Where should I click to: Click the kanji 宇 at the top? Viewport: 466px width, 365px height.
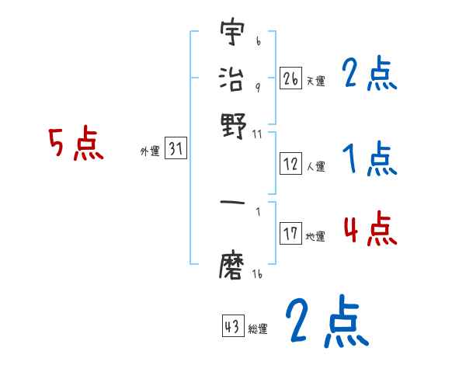point(232,34)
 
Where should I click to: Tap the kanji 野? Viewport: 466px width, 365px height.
point(232,123)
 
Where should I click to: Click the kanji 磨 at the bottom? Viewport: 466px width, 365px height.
point(232,266)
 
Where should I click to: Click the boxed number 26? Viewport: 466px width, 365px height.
point(290,78)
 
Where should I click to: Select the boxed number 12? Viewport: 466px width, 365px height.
point(291,164)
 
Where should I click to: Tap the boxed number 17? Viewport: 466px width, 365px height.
point(291,234)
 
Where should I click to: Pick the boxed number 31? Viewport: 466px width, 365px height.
point(176,150)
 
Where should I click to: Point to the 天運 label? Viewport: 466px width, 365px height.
point(315,81)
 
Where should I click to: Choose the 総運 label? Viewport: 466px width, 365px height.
point(258,328)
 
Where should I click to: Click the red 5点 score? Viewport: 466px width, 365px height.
point(75,145)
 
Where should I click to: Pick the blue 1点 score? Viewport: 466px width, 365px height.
point(369,161)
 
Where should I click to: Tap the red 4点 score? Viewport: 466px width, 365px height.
point(369,230)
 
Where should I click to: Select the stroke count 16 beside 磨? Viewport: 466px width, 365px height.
point(256,274)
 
